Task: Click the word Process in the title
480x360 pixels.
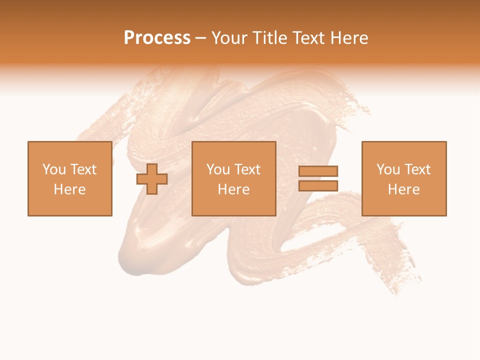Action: (x=157, y=38)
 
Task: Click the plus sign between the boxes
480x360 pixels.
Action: (x=152, y=179)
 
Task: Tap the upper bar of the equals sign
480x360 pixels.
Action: (x=318, y=171)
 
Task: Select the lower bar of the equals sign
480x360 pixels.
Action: (x=318, y=186)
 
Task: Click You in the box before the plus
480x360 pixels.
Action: (x=53, y=169)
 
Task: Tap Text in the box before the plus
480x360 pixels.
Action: (x=82, y=169)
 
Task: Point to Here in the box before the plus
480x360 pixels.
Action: (x=70, y=189)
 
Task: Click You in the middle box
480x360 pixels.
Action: (x=217, y=169)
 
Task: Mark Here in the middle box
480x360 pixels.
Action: (x=234, y=189)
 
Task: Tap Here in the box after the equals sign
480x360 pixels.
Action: (x=404, y=189)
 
